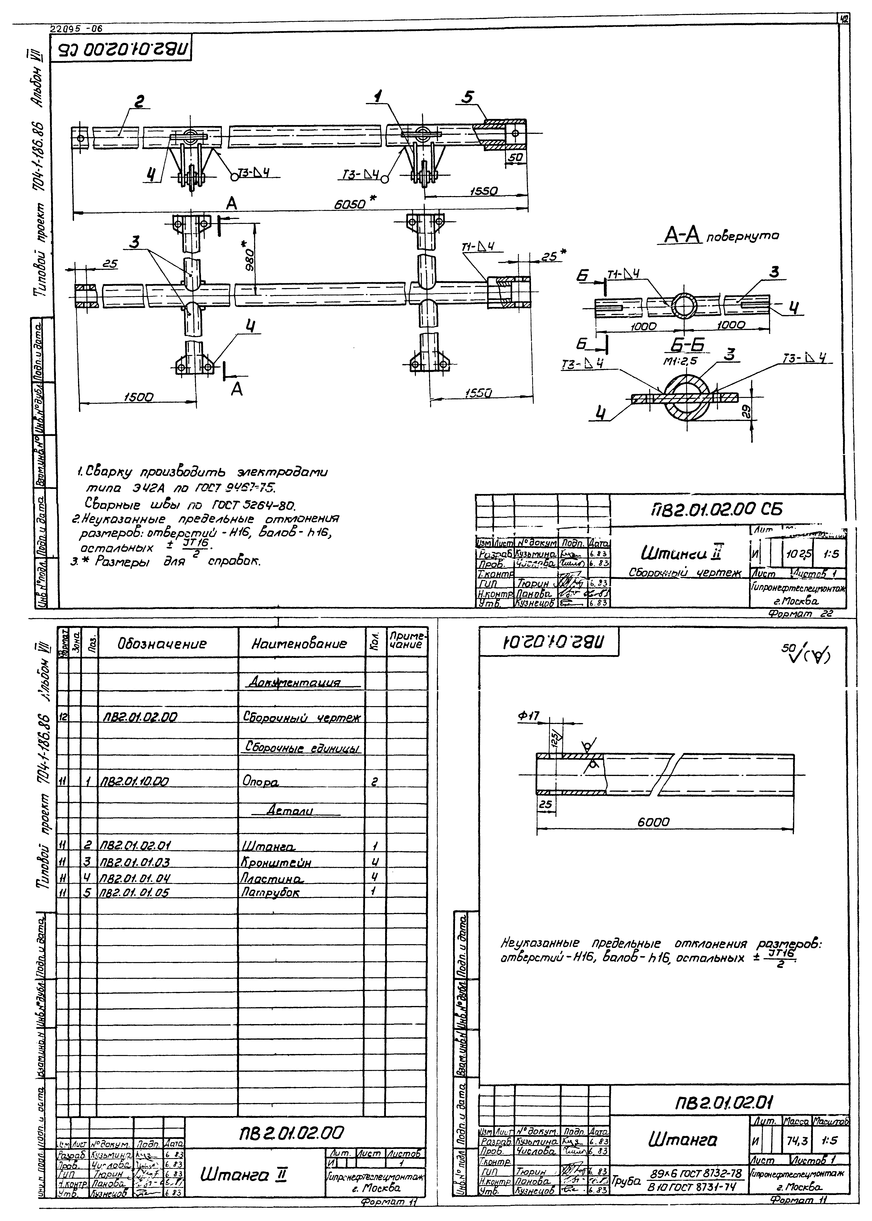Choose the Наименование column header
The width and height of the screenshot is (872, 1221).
coord(300,643)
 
